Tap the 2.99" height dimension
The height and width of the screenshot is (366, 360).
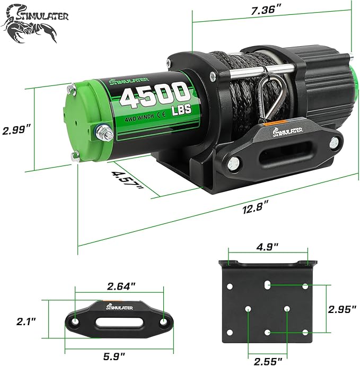click(x=16, y=130)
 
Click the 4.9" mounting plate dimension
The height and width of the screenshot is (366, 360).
click(x=268, y=247)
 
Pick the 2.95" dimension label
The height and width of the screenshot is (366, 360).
click(x=339, y=309)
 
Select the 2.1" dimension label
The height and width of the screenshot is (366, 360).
click(x=25, y=321)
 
